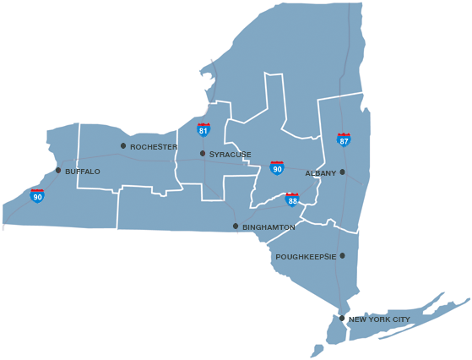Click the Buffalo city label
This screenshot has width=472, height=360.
83,172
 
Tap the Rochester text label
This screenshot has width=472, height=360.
154,147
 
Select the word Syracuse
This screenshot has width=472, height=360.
231,155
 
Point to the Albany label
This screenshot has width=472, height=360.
320,172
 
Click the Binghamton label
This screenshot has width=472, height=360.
269,227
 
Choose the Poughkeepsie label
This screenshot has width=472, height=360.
306,256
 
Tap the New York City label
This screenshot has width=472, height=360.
379,319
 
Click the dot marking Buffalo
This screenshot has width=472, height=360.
58,171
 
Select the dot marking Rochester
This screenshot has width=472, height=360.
123,146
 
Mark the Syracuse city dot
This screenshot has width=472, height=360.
203,154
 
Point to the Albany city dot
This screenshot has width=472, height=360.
343,172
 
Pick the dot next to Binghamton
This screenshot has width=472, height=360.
236,226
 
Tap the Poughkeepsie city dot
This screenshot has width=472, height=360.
342,255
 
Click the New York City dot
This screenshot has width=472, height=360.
342,319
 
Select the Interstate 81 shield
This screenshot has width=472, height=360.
203,130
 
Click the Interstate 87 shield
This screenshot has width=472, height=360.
344,140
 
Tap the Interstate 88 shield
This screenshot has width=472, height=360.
292,200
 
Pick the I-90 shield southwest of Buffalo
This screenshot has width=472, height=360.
37,196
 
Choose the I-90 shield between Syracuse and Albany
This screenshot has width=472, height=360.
277,167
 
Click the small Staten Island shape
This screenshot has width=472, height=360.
317,348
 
